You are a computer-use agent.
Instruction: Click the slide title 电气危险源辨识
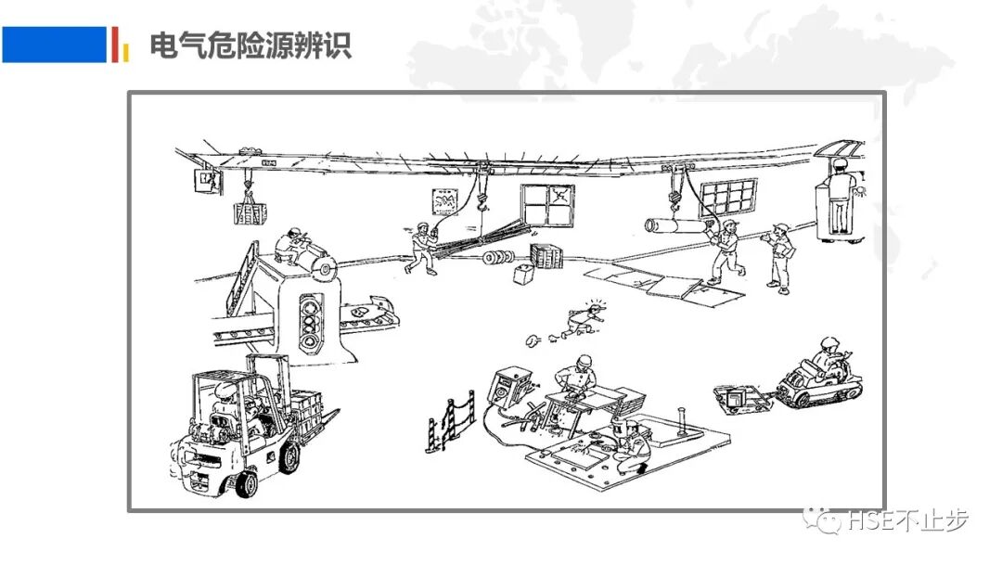coord(250,45)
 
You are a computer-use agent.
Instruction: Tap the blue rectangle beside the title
coord(54,45)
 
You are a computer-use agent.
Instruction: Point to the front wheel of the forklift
coord(246,482)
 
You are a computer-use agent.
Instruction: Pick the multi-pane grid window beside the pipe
coord(728,198)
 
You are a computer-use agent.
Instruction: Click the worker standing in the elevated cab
coord(840,199)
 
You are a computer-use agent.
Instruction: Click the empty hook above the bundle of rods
coord(482,195)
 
